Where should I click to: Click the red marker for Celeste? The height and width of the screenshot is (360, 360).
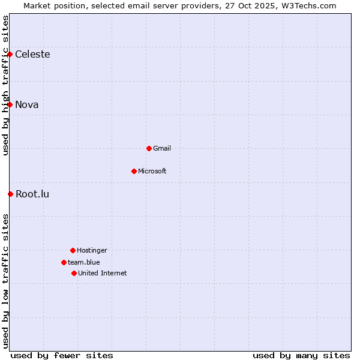pos(10,54)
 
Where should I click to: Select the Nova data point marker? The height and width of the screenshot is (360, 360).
pos(10,104)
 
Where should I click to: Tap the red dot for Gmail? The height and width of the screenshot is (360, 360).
pos(149,148)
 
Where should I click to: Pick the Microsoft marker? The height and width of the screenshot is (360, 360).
pos(134,171)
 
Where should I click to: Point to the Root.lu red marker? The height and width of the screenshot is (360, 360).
pos(10,194)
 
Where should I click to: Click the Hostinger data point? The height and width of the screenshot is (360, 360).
pos(73,250)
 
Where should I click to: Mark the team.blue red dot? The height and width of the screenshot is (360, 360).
pos(64,262)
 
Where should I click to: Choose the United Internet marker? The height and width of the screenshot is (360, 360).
pos(74,273)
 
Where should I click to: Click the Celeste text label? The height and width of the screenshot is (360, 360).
pos(32,55)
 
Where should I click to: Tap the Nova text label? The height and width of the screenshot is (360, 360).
pos(27,105)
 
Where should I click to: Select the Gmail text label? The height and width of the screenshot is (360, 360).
pos(162,148)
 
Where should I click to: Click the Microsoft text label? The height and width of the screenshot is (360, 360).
pos(152,171)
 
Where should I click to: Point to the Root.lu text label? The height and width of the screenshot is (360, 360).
pos(32,194)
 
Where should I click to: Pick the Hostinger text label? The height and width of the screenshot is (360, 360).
pos(92,250)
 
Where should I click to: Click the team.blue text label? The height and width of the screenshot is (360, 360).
pos(84,262)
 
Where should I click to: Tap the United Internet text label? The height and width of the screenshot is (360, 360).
pos(103,273)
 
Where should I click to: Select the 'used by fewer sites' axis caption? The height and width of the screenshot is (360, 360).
pos(62,355)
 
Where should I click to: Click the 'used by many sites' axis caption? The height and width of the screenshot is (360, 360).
pos(301,355)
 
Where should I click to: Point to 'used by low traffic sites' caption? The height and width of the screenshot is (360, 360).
pos(5,281)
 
